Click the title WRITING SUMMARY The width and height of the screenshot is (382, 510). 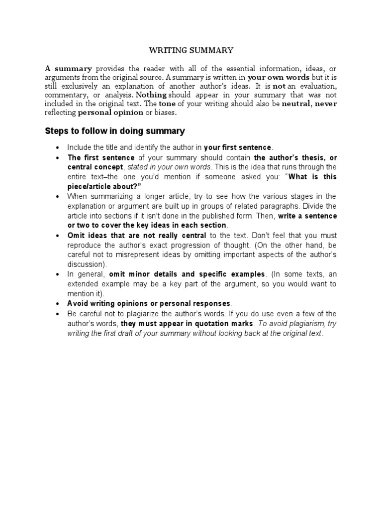(191, 50)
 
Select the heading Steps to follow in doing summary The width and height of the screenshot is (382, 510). (115, 131)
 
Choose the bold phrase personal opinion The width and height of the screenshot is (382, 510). (110, 113)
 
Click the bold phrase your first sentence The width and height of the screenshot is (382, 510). (238, 147)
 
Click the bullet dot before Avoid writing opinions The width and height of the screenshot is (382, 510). (58, 304)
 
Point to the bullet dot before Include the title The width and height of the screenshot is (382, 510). (58, 148)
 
